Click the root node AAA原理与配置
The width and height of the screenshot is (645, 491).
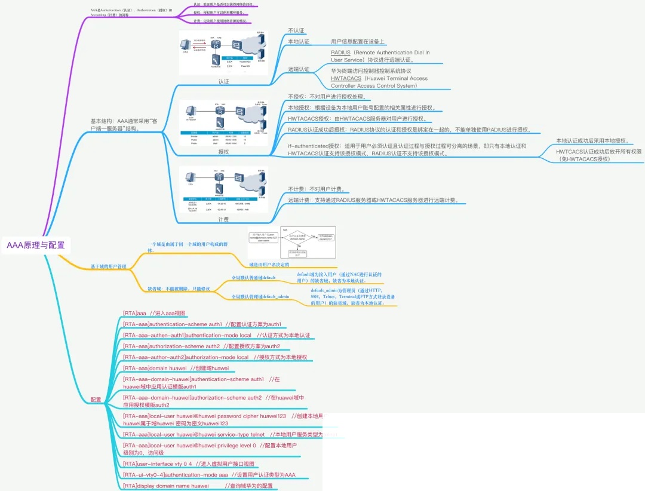(36, 245)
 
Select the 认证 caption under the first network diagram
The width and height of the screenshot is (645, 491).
(223, 81)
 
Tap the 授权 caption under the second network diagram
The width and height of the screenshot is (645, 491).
(223, 152)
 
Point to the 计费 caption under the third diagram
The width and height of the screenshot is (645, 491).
(223, 219)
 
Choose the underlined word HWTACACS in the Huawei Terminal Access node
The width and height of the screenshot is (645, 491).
(346, 78)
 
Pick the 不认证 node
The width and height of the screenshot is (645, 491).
(296, 30)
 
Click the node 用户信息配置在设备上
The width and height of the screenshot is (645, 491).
(358, 42)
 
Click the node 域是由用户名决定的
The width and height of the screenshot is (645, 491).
(269, 264)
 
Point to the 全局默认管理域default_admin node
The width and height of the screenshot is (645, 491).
(260, 296)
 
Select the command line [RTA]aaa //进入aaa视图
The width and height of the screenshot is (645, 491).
(154, 313)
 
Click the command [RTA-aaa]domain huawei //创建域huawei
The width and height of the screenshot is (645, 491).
(176, 368)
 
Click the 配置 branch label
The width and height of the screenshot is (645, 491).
(96, 399)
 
